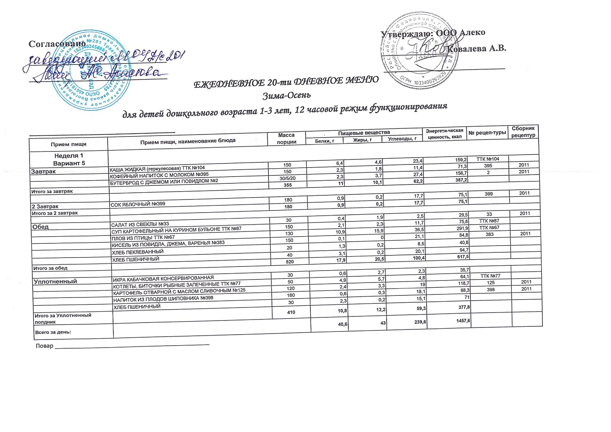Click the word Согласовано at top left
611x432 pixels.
[57, 44]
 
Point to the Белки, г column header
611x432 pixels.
[324, 141]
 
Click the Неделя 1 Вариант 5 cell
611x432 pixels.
[69, 159]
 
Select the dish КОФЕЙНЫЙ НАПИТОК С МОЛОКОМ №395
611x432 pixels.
[159, 175]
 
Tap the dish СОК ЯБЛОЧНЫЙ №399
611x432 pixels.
[138, 204]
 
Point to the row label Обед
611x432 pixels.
[40, 227]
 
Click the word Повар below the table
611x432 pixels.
[44, 346]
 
